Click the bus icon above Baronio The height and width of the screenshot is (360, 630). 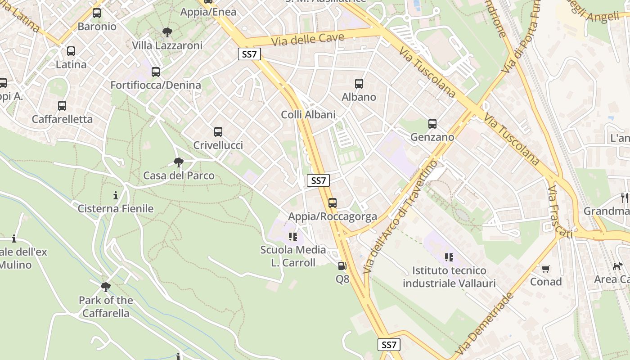[x=97, y=13]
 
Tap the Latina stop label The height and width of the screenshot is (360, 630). [x=71, y=64]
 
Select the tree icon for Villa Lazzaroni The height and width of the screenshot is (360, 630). [x=167, y=32]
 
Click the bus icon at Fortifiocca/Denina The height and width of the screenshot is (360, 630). [x=156, y=72]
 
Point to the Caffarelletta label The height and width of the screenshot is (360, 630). [x=62, y=119]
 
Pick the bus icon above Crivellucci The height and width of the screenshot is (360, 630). [x=218, y=132]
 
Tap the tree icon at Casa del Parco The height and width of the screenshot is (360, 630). [x=179, y=162]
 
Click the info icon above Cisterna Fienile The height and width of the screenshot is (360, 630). [x=116, y=195]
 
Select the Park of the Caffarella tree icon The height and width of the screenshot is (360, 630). [x=106, y=287]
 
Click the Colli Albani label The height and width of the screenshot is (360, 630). [x=308, y=115]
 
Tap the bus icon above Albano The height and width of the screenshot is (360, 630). [x=359, y=83]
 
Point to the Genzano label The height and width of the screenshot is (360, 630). [x=432, y=137]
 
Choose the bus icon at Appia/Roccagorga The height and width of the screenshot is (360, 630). [x=333, y=203]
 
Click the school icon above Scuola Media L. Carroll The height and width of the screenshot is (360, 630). [x=293, y=236]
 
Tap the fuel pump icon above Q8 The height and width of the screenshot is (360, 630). [x=342, y=266]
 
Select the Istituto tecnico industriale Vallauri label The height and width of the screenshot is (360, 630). [x=449, y=277]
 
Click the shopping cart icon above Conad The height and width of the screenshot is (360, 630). [x=546, y=269]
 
